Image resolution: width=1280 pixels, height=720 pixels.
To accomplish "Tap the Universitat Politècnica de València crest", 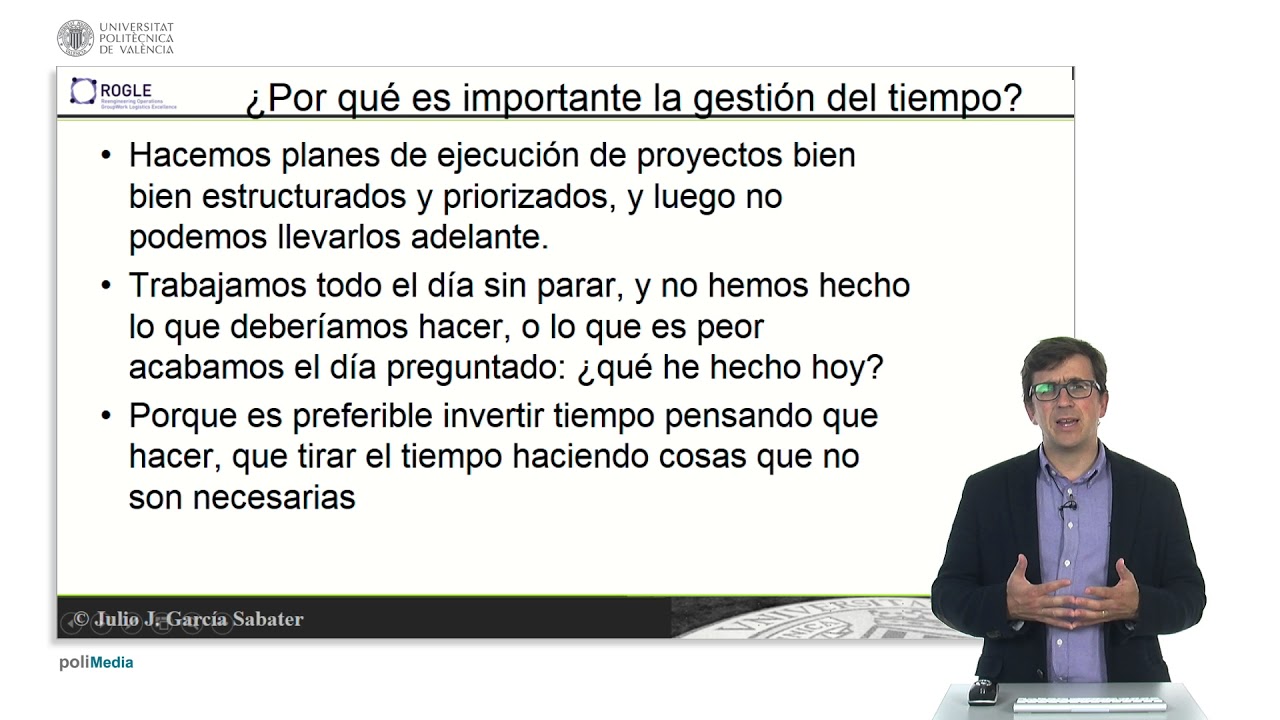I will point(75,38).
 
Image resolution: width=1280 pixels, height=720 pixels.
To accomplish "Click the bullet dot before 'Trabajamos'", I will point(108,286).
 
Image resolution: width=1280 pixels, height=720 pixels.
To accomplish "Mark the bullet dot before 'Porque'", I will point(108,416).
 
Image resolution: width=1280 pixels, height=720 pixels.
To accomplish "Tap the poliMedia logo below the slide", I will point(96,662).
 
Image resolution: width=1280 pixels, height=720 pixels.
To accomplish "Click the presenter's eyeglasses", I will point(1064,389).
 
